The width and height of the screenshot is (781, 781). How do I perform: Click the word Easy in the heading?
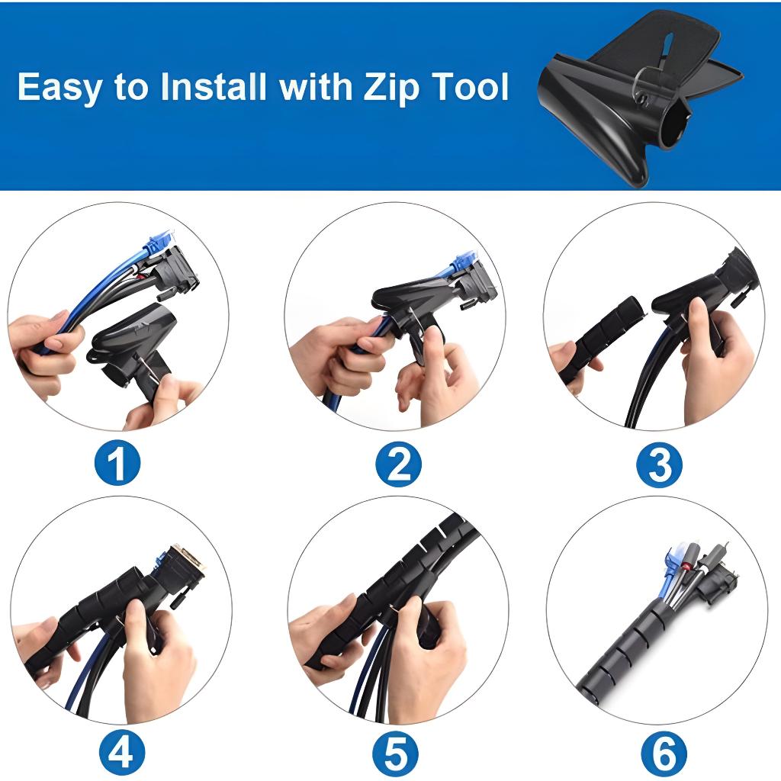59,88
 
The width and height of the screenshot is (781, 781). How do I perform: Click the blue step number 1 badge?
117,463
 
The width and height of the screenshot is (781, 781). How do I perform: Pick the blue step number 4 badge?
121,752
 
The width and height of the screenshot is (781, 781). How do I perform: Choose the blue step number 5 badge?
396,752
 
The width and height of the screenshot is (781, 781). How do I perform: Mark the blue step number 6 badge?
664,752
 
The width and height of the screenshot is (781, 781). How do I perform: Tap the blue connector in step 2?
462,264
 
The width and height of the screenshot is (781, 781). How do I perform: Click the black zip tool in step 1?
130,349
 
